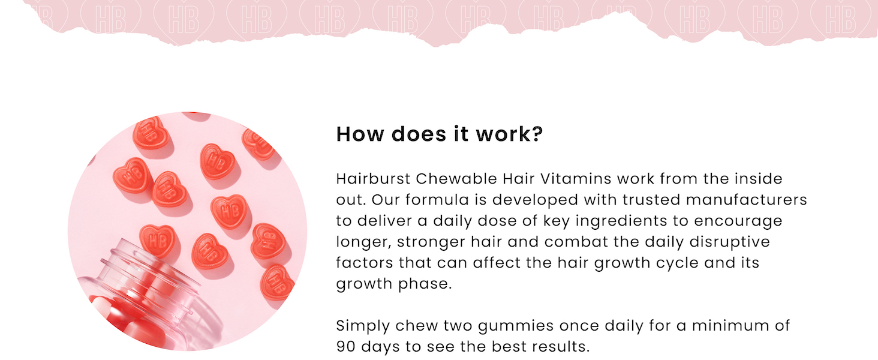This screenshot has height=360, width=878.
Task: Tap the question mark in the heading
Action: (x=536, y=134)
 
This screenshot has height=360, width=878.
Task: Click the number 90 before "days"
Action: (x=345, y=347)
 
